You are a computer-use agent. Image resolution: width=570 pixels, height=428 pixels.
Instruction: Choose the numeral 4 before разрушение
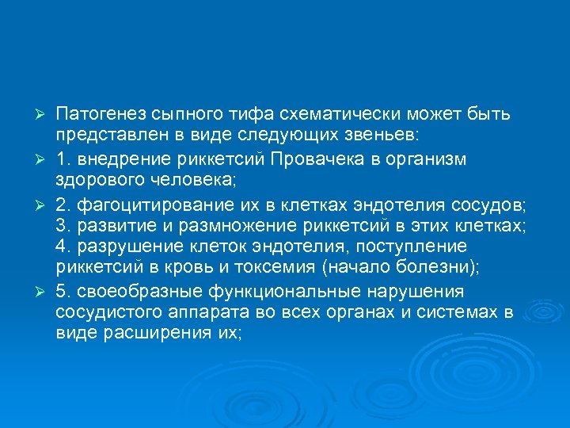[x=61, y=246]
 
